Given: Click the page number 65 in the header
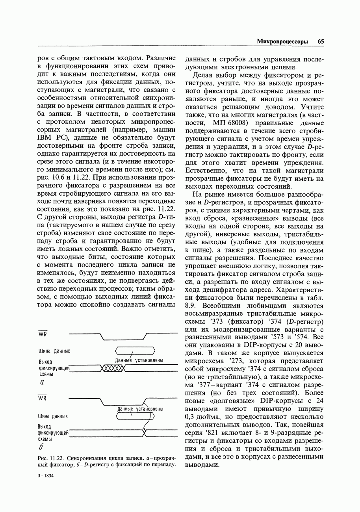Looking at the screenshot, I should pyautogui.click(x=320, y=41).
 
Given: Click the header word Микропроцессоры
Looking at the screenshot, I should pyautogui.click(x=282, y=41).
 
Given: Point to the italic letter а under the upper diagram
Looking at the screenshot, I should pyautogui.click(x=41, y=382).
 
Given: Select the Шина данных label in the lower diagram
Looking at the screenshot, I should pyautogui.click(x=53, y=416).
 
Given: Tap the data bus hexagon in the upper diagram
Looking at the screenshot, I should pyautogui.click(x=135, y=351).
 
